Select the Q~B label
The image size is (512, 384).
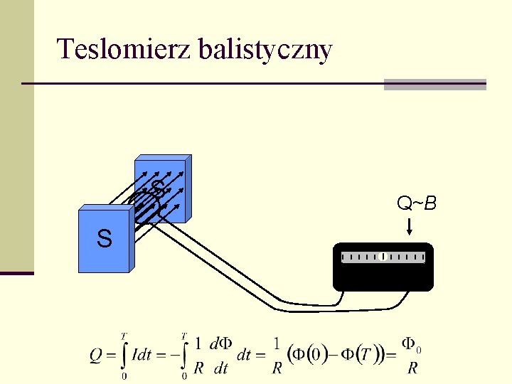point(417,205)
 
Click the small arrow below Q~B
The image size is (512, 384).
point(410,228)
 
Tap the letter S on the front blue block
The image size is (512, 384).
point(104,239)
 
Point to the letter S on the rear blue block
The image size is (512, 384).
point(158,188)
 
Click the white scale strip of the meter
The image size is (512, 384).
point(383,257)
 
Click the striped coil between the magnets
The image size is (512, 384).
point(146,210)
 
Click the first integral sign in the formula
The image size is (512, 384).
point(124,354)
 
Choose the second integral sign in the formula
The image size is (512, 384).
point(184,354)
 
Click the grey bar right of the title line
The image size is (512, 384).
point(434,84)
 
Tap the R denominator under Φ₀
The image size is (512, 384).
point(412,368)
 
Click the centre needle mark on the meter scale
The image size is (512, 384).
point(383,257)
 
